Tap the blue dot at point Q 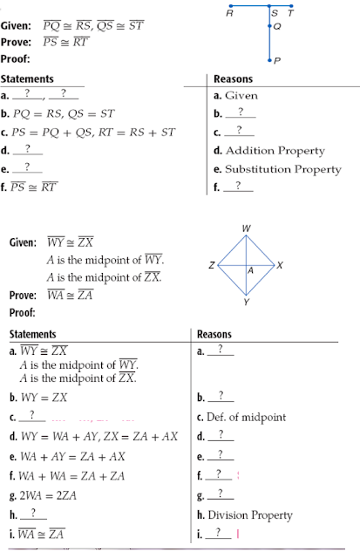pos(270,28)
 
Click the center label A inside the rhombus pos(251,271)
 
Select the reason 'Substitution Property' pos(282,168)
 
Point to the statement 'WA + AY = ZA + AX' pos(70,455)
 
